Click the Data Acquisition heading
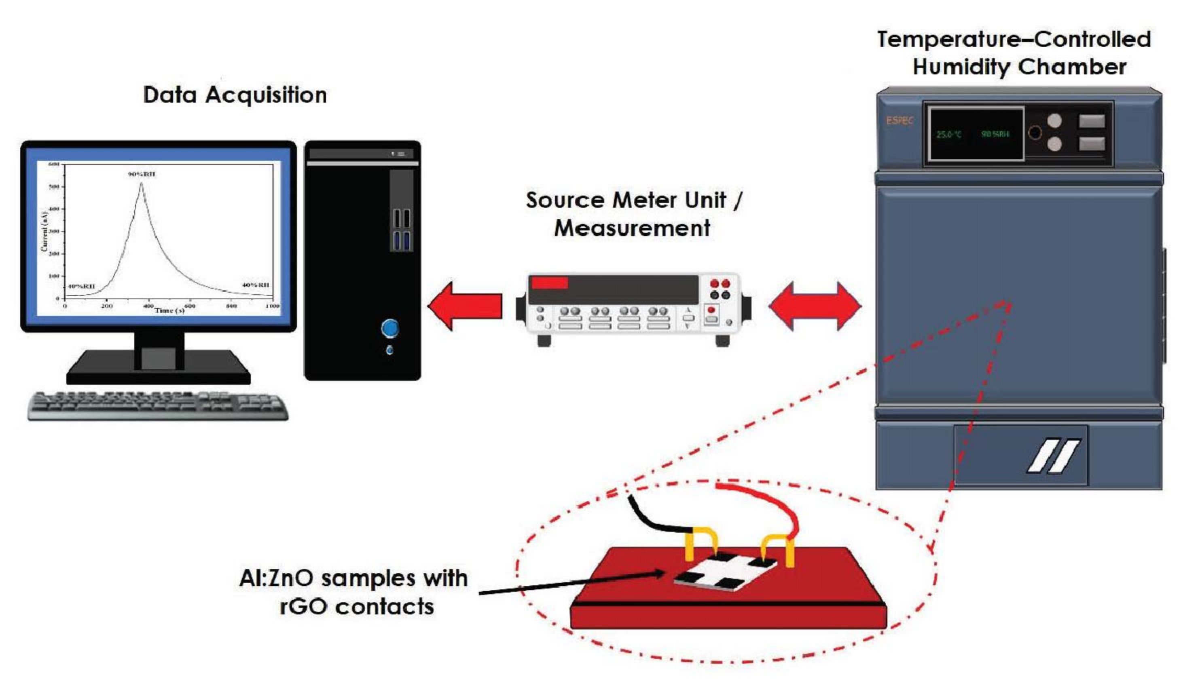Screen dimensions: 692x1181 click(x=234, y=95)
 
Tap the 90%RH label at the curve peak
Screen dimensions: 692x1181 click(x=142, y=174)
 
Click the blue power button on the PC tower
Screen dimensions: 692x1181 click(x=390, y=329)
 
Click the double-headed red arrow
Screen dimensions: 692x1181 click(x=815, y=306)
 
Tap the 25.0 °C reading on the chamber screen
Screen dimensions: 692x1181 click(x=948, y=135)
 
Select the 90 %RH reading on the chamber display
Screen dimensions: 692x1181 click(x=995, y=135)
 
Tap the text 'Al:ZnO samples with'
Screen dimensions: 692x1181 click(x=353, y=578)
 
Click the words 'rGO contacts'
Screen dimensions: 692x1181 click(x=357, y=607)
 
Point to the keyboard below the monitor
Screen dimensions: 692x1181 click(x=157, y=406)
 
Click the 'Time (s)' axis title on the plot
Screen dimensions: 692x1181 click(x=169, y=310)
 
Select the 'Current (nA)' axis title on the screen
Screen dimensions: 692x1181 click(x=44, y=232)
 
